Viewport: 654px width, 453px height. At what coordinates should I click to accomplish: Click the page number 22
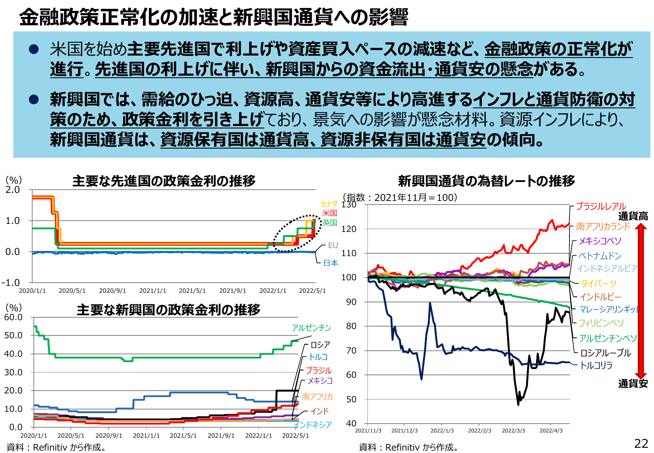pyautogui.click(x=641, y=443)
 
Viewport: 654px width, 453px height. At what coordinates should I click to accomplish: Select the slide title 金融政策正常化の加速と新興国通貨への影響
pyautogui.click(x=214, y=17)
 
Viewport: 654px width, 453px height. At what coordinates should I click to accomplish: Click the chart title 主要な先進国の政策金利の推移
pyautogui.click(x=164, y=181)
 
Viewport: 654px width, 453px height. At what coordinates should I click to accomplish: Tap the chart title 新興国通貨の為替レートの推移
pyautogui.click(x=486, y=181)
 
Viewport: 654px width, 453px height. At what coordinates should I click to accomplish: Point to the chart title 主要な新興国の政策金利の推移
pyautogui.click(x=168, y=310)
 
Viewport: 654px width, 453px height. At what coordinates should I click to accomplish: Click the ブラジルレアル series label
pyautogui.click(x=601, y=206)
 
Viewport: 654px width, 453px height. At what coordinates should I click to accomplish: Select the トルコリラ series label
pyautogui.click(x=596, y=365)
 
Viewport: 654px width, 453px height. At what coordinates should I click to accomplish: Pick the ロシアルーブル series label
pyautogui.click(x=605, y=353)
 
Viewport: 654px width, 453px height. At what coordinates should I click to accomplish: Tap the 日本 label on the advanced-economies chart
pyautogui.click(x=330, y=263)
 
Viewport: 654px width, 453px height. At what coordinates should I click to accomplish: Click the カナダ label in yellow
pyautogui.click(x=328, y=204)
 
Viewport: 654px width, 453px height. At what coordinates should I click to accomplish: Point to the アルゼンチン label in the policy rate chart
pyautogui.click(x=311, y=328)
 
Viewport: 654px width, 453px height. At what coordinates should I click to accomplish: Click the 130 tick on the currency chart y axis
pyautogui.click(x=349, y=205)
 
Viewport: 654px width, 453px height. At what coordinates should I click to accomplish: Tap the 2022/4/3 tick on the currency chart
pyautogui.click(x=551, y=430)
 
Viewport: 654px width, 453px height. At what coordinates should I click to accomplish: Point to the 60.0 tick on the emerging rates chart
pyautogui.click(x=13, y=317)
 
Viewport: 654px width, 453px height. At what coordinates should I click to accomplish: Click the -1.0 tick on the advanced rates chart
pyautogui.click(x=11, y=283)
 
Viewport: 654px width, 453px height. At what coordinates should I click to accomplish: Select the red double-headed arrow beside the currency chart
pyautogui.click(x=641, y=300)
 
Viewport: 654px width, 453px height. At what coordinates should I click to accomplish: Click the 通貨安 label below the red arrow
pyautogui.click(x=633, y=384)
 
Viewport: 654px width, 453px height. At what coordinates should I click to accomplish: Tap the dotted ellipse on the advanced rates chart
pyautogui.click(x=298, y=233)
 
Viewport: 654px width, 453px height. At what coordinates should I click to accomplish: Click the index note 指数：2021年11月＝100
pyautogui.click(x=400, y=197)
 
